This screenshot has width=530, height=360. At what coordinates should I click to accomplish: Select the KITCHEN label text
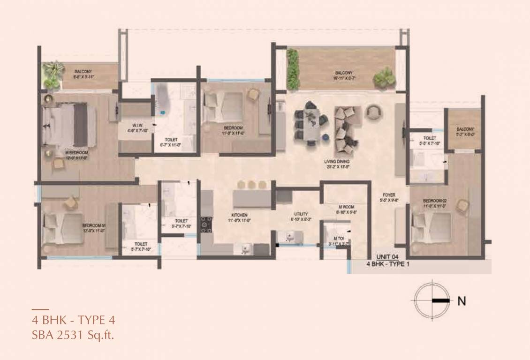pyautogui.click(x=239, y=215)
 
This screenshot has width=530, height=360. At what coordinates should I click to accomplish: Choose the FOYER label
pyautogui.click(x=388, y=195)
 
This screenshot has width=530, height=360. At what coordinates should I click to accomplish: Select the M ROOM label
pyautogui.click(x=346, y=206)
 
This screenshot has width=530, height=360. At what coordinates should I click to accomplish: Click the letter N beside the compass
pyautogui.click(x=462, y=301)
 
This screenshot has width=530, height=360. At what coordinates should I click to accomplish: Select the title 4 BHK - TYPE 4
pyautogui.click(x=73, y=321)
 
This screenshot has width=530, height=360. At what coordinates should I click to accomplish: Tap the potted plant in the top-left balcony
pyautogui.click(x=53, y=74)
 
